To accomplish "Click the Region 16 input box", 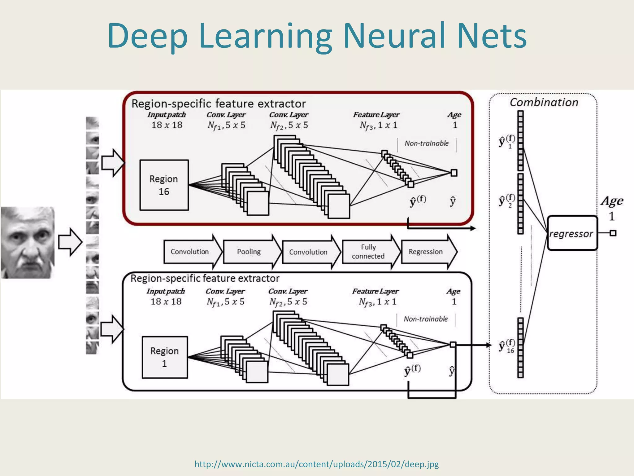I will (x=164, y=185).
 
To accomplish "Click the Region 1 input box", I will (x=165, y=357).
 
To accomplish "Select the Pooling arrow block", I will (x=250, y=252).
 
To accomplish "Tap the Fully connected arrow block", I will (x=368, y=252).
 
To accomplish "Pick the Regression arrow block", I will (x=427, y=252).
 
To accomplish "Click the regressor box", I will (x=572, y=233).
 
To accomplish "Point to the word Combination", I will (x=544, y=102).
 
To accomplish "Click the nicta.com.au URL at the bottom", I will (x=316, y=464).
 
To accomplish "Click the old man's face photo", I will (x=28, y=242).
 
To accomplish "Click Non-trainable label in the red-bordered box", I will (x=427, y=143).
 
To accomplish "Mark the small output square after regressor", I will (x=613, y=233).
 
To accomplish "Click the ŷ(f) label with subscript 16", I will (x=507, y=346).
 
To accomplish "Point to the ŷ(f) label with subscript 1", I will (x=507, y=142).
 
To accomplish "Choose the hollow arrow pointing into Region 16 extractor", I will (x=112, y=163).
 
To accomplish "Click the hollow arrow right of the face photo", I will (x=70, y=242).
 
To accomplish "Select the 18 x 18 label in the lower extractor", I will (x=166, y=302).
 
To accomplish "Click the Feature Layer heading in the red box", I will (x=376, y=115).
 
